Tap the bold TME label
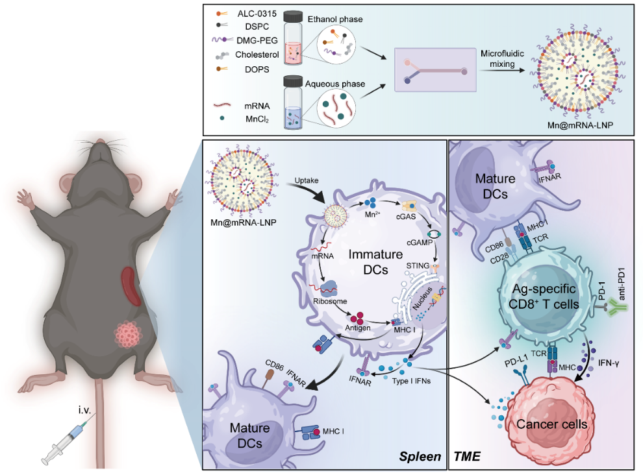click(x=467, y=457)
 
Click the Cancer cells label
click(x=552, y=424)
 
